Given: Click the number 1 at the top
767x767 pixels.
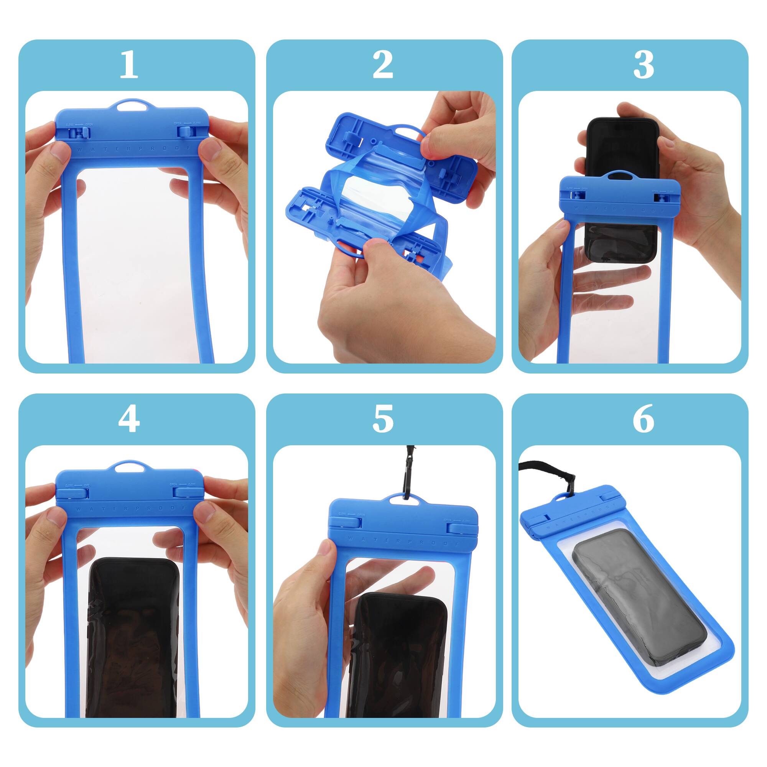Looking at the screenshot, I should (x=128, y=66).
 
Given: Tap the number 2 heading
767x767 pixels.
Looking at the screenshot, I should (x=383, y=66).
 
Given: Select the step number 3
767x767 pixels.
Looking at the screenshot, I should (x=643, y=66).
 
